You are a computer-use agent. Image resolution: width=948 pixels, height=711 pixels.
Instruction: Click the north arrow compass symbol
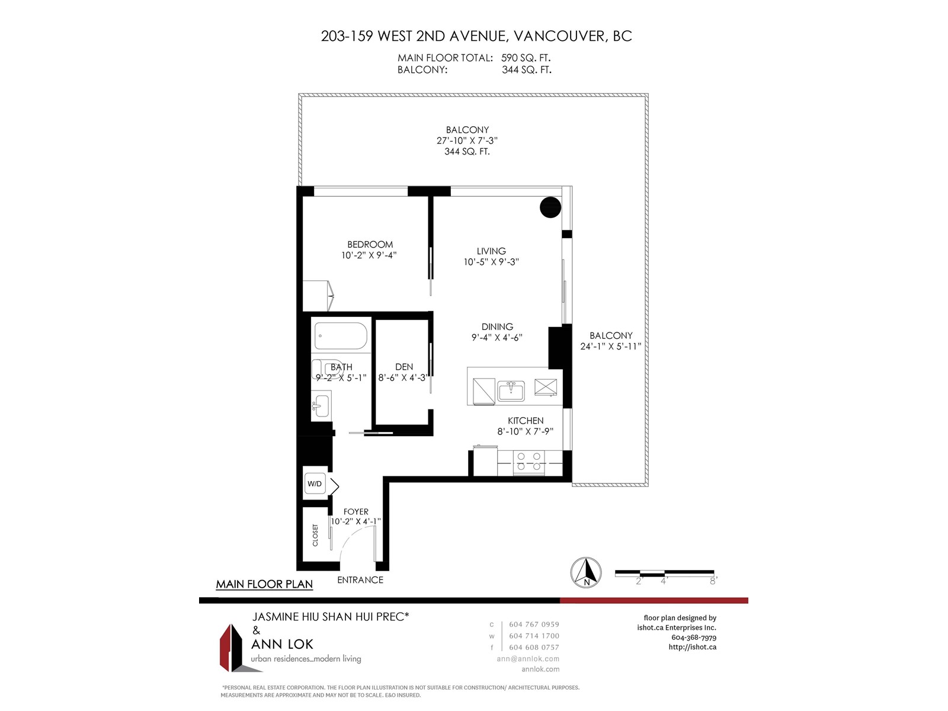(x=585, y=572)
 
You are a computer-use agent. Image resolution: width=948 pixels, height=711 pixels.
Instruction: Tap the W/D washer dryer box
(x=315, y=483)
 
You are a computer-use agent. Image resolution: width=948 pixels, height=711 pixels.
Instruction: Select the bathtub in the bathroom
(x=340, y=335)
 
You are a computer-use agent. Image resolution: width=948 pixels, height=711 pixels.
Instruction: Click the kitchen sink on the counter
(x=511, y=390)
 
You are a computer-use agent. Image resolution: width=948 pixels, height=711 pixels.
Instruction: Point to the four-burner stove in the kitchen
(x=529, y=461)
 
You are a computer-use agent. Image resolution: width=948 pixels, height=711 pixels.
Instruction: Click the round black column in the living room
(x=550, y=207)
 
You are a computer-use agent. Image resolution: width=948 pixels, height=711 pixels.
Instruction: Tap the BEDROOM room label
(x=370, y=244)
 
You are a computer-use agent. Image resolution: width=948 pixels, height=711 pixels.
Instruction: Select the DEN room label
(x=404, y=367)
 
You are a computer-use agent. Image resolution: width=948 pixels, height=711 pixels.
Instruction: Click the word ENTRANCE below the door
(x=360, y=580)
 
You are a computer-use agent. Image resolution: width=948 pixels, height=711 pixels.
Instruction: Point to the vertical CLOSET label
(x=315, y=535)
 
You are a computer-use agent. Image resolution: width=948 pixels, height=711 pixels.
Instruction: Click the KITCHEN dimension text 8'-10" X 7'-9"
(x=525, y=431)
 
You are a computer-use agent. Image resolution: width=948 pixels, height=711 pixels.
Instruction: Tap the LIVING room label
(x=491, y=251)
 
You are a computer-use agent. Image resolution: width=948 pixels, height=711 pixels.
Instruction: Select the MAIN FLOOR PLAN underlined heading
(x=264, y=584)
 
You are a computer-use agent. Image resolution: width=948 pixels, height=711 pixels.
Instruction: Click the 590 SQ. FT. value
(x=526, y=58)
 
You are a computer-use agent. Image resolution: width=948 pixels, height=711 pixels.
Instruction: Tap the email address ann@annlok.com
(x=528, y=659)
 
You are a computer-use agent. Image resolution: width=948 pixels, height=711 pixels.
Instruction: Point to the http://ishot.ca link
(x=692, y=647)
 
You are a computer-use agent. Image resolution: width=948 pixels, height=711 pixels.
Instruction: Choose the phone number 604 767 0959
(x=534, y=624)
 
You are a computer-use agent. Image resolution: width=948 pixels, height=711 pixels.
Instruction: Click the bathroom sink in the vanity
(x=319, y=405)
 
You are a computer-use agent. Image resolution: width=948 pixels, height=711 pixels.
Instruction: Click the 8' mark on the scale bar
(x=713, y=581)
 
